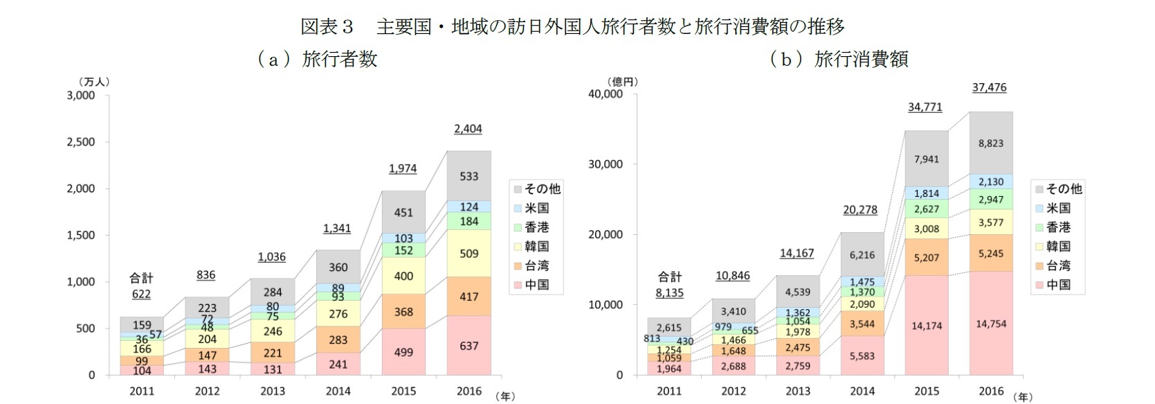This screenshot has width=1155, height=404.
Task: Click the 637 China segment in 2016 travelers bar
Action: click(x=469, y=346)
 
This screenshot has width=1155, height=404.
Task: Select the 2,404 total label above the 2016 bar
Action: click(x=468, y=129)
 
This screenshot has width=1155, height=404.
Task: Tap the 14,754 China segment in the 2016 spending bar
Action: click(x=991, y=324)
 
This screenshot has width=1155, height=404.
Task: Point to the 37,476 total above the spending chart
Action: click(x=989, y=87)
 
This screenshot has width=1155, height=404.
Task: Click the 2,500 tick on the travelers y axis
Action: click(x=81, y=142)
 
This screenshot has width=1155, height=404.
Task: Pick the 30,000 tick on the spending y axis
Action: click(x=606, y=164)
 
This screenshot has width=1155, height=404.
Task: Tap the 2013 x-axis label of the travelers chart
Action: click(x=272, y=391)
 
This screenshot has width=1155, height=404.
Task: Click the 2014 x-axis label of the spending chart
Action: click(x=862, y=391)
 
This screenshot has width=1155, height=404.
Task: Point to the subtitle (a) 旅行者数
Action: click(x=317, y=59)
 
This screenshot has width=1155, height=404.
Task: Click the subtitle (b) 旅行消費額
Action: click(x=839, y=59)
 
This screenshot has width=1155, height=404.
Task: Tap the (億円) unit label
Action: click(x=621, y=81)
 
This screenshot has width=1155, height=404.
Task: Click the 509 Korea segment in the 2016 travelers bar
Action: click(x=469, y=253)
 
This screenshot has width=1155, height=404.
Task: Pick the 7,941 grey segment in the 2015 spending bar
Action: click(x=926, y=159)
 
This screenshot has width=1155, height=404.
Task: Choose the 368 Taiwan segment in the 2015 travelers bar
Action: click(x=403, y=312)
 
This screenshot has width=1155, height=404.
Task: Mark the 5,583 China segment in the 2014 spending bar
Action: click(x=862, y=355)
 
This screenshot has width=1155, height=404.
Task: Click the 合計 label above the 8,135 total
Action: click(x=669, y=276)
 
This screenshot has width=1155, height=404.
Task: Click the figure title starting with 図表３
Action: click(x=572, y=26)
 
